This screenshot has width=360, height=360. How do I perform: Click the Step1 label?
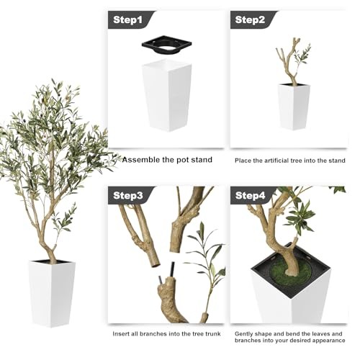[x=127, y=19]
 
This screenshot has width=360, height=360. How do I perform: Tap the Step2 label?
[x=250, y=19]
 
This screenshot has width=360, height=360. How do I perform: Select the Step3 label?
[x=128, y=195]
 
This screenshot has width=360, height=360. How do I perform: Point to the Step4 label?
[x=250, y=195]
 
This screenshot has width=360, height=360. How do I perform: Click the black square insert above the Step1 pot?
[x=166, y=45]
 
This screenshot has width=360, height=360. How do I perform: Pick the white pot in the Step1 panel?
[x=167, y=96]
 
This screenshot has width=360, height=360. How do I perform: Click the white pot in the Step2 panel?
[x=294, y=107]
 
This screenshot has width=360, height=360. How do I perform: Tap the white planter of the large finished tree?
[x=52, y=294]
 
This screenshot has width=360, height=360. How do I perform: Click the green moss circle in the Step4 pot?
[x=291, y=273]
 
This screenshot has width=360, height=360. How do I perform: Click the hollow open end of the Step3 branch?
[x=155, y=264]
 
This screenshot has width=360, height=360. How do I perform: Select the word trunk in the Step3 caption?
[x=212, y=333]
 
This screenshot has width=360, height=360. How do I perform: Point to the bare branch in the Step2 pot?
[x=289, y=61]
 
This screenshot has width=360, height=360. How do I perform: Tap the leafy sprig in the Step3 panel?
[x=206, y=266]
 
